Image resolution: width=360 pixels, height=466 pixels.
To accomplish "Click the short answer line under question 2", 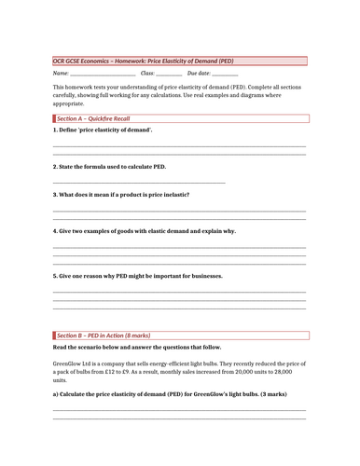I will pyautogui.click(x=139, y=183).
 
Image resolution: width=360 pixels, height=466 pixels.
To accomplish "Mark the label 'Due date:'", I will pyautogui.click(x=199, y=73).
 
